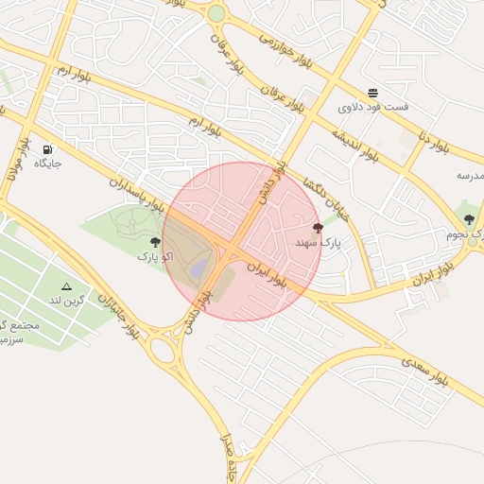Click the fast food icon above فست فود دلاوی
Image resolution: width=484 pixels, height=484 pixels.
(373, 94)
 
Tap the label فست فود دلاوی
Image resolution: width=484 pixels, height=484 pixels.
(373, 108)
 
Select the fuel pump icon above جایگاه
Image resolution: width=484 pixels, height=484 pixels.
(47, 149)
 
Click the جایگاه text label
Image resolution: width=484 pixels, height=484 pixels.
(47, 164)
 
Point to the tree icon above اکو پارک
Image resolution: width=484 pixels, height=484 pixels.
(155, 242)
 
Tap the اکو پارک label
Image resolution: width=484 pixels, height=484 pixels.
(155, 256)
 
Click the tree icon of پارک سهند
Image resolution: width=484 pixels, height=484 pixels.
(318, 228)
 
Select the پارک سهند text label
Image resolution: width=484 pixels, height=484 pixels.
(317, 243)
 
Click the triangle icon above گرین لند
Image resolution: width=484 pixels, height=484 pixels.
(66, 285)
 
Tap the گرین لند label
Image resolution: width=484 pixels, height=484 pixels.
(67, 300)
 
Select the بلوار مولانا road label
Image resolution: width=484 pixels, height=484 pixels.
(14, 164)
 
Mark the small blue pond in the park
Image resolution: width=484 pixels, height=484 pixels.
(198, 269)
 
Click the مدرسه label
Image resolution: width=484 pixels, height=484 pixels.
(470, 176)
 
